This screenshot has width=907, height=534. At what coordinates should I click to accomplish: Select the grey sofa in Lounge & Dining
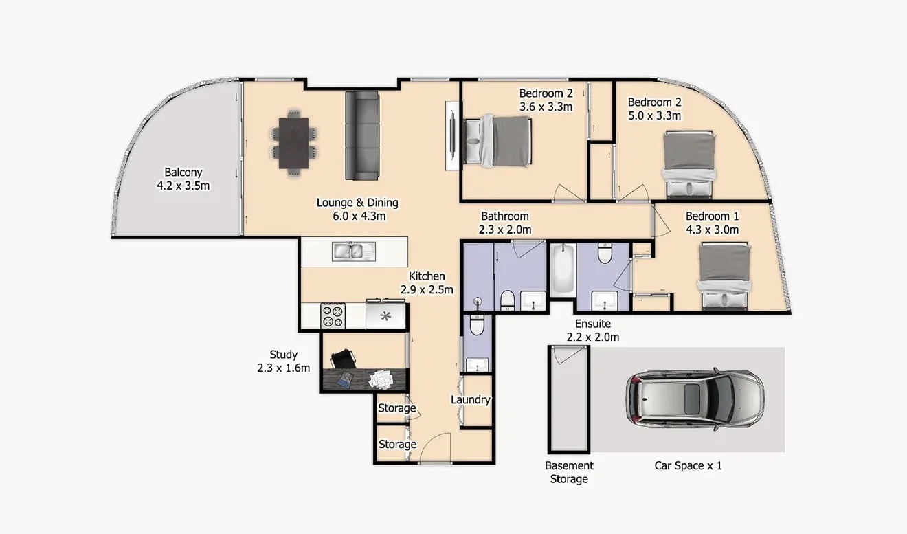pyautogui.click(x=362, y=136)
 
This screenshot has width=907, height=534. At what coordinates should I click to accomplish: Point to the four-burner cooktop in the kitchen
pyautogui.click(x=333, y=316)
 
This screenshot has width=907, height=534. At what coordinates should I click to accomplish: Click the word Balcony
pyautogui.click(x=183, y=173)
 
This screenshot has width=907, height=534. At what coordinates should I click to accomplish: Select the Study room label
pyautogui.click(x=283, y=355)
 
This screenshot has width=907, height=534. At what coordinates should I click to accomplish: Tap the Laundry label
pyautogui.click(x=471, y=399)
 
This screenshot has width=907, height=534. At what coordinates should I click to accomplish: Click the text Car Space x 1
pyautogui.click(x=688, y=466)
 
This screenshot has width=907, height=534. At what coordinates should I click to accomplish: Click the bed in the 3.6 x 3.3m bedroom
pyautogui.click(x=498, y=141)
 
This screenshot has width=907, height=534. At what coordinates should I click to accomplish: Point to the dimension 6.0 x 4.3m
pyautogui.click(x=357, y=216)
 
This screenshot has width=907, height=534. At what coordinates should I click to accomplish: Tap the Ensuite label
pyautogui.click(x=593, y=324)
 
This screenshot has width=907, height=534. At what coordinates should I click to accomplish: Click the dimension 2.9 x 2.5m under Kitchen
pyautogui.click(x=427, y=289)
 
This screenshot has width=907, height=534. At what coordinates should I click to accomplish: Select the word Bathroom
pyautogui.click(x=505, y=216)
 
